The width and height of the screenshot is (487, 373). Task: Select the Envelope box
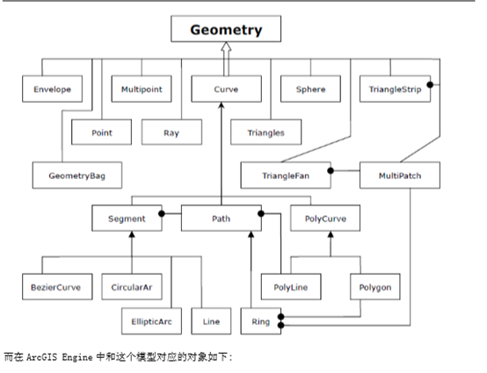point(52,90)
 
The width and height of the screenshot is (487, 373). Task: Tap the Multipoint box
point(141,90)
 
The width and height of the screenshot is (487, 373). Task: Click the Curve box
point(226,90)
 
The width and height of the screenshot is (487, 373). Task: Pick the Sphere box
point(310,90)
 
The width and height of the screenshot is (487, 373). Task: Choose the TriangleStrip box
point(395,90)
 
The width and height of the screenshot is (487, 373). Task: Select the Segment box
point(127,218)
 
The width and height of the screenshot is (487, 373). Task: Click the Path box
point(221,218)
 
